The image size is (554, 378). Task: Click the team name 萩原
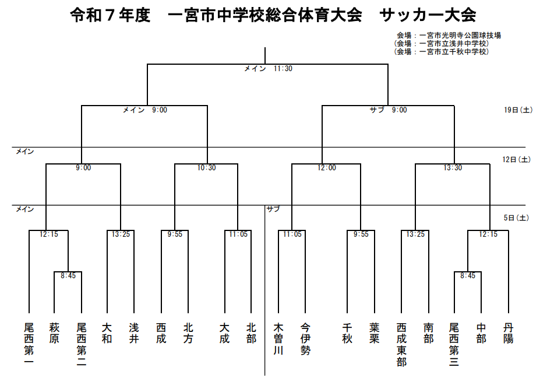click(54, 333)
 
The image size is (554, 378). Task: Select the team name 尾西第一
click(29, 344)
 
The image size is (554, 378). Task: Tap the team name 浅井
click(134, 333)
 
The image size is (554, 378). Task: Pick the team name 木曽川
click(278, 339)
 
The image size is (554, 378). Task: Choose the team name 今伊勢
click(306, 339)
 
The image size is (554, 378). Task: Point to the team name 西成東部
click(401, 344)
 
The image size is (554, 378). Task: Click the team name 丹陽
click(509, 333)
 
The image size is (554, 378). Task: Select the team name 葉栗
click(374, 333)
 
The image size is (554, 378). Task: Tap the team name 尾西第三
click(454, 344)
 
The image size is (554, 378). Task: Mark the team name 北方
click(188, 333)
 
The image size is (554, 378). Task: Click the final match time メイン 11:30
click(269, 69)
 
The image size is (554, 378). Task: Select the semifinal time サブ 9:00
click(389, 110)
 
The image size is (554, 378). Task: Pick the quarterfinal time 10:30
click(206, 168)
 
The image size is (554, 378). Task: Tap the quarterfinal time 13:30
click(453, 168)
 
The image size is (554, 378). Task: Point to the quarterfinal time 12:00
click(326, 168)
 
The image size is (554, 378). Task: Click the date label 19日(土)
click(518, 110)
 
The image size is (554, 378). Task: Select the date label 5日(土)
click(517, 218)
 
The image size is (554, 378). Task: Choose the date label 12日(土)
click(517, 160)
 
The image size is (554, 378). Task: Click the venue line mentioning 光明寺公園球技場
click(449, 36)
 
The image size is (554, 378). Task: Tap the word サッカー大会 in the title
click(428, 15)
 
